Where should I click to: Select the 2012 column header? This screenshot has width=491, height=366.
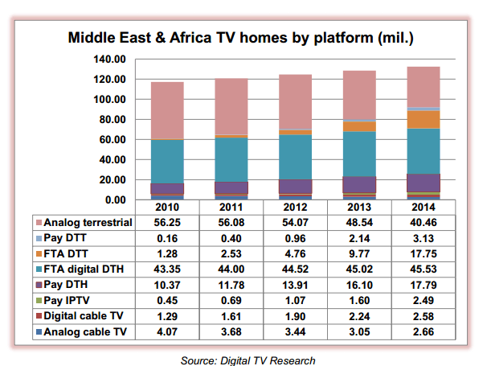[x=295, y=208]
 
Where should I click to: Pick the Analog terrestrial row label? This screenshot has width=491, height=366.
[x=87, y=223]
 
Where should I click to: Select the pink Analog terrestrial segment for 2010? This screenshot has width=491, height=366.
[x=166, y=110]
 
